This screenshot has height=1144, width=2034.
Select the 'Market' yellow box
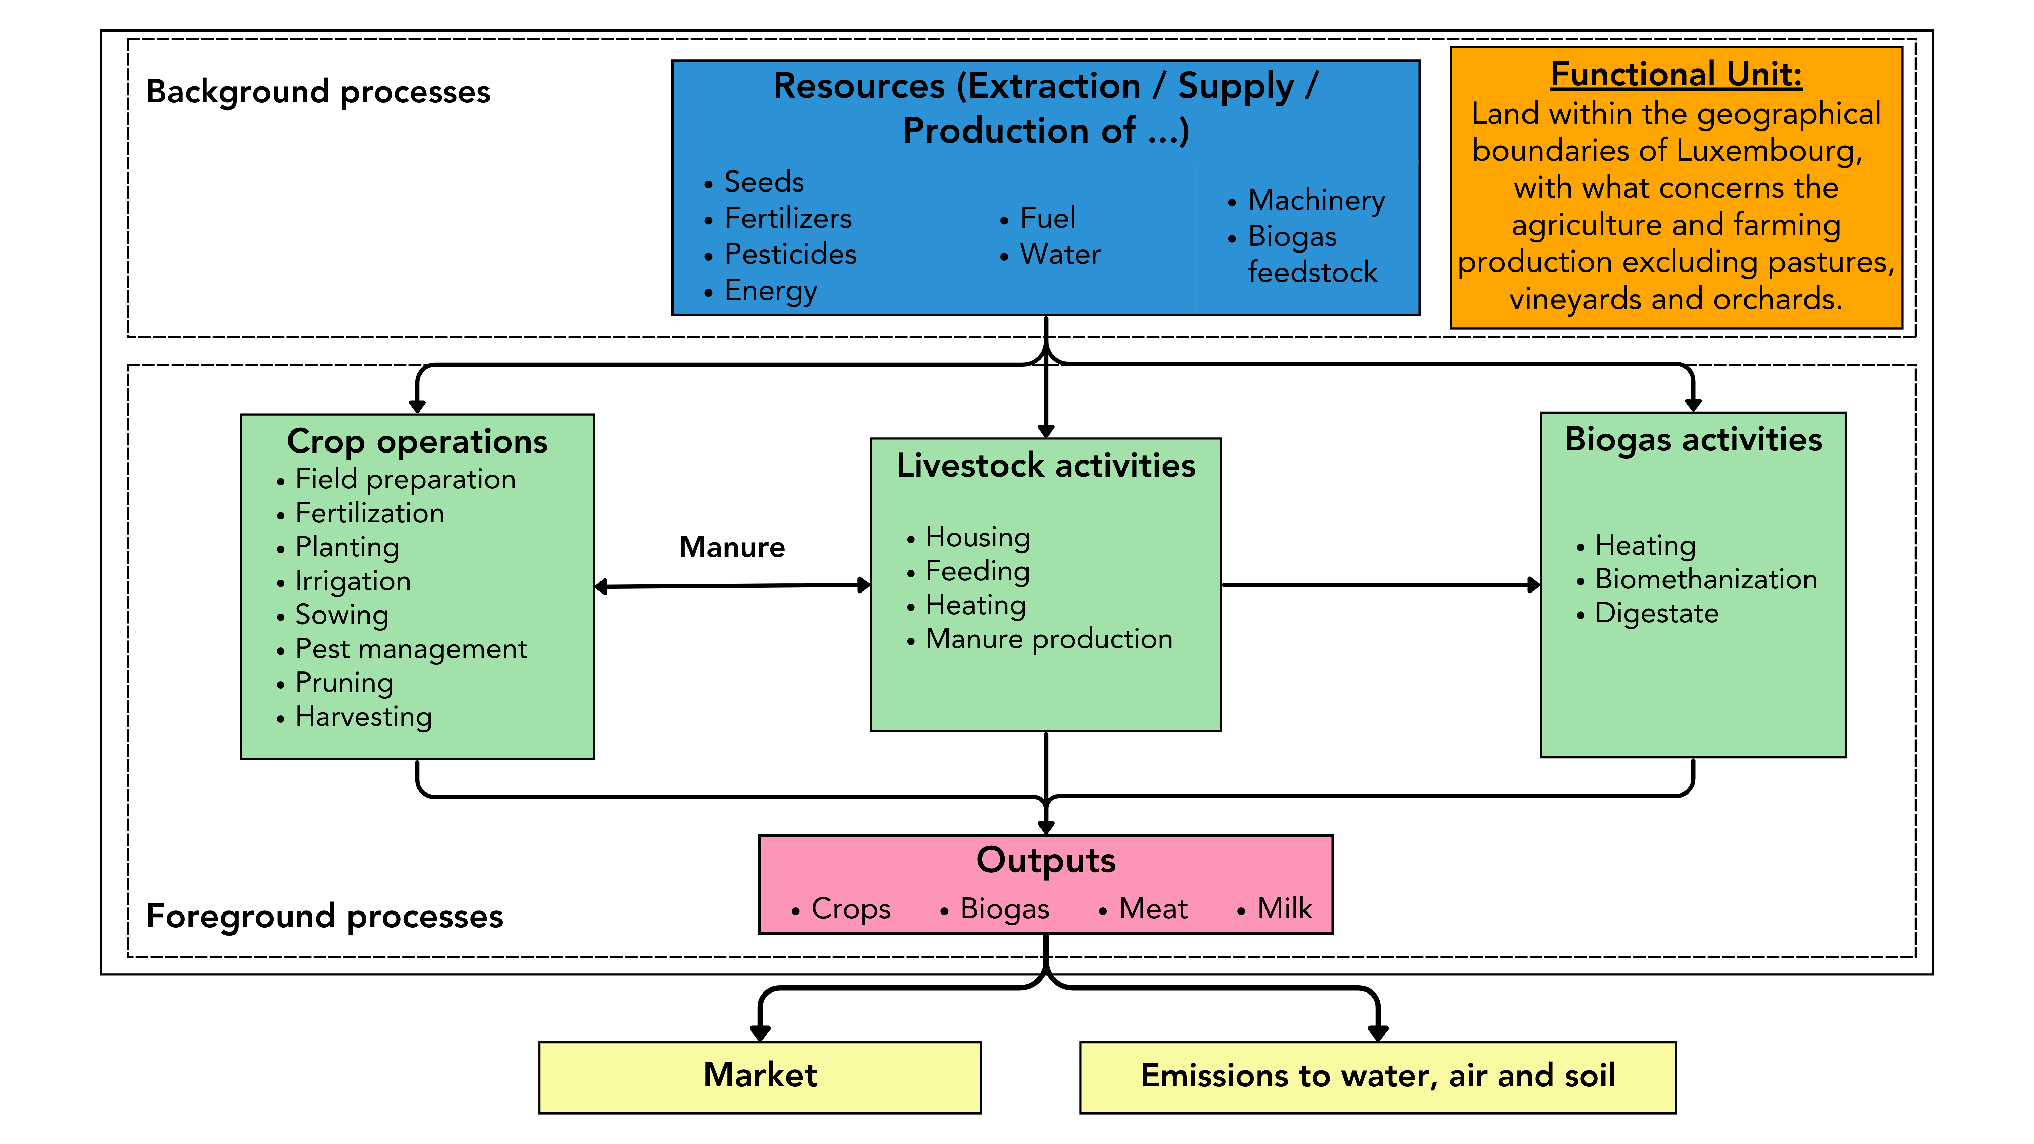pyautogui.click(x=760, y=1077)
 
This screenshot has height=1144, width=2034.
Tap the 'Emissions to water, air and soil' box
pyautogui.click(x=1377, y=1077)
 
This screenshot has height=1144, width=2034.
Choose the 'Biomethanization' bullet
pyautogui.click(x=1706, y=580)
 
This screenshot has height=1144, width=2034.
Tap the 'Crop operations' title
pyautogui.click(x=417, y=441)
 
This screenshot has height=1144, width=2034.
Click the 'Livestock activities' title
pyautogui.click(x=1045, y=466)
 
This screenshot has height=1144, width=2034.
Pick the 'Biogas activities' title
pyautogui.click(x=1693, y=440)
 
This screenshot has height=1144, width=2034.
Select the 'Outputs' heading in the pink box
pyautogui.click(x=1045, y=861)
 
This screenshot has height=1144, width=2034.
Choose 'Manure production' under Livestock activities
pyautogui.click(x=1049, y=639)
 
